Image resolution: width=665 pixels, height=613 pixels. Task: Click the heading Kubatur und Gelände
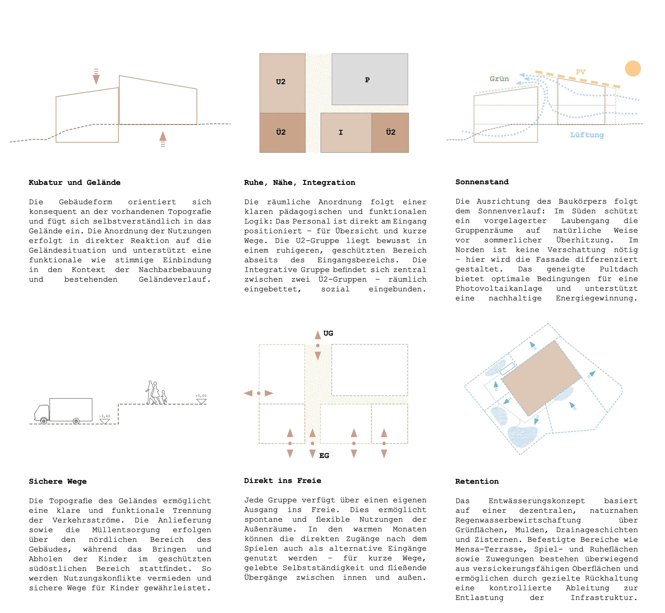click(74, 182)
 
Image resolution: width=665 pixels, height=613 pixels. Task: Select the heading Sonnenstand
click(482, 182)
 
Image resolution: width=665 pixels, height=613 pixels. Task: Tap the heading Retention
click(477, 481)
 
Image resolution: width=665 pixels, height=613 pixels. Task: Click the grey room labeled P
click(369, 80)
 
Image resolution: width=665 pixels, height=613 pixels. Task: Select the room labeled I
click(346, 132)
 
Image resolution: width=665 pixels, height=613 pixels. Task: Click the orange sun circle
click(633, 69)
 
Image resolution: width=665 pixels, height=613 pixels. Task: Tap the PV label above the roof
click(580, 72)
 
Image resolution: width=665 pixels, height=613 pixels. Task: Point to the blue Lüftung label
click(587, 135)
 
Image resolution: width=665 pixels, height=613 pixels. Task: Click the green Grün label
click(499, 79)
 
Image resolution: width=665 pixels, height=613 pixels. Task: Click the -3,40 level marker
click(105, 419)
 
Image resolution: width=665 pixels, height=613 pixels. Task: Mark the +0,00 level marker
click(201, 399)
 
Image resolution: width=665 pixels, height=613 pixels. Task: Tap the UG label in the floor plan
click(328, 333)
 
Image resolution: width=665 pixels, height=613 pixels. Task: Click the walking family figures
click(156, 393)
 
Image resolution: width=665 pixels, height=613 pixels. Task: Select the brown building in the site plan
click(541, 378)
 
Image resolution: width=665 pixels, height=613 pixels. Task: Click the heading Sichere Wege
click(58, 481)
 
